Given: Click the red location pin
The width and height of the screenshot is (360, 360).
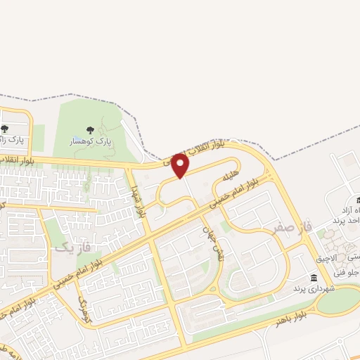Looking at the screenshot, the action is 181,165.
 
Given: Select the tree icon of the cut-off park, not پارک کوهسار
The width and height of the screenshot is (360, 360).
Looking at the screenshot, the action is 5,129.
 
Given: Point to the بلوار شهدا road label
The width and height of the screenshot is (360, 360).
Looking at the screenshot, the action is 137,201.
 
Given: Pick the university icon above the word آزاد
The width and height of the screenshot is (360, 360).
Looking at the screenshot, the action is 349,201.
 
